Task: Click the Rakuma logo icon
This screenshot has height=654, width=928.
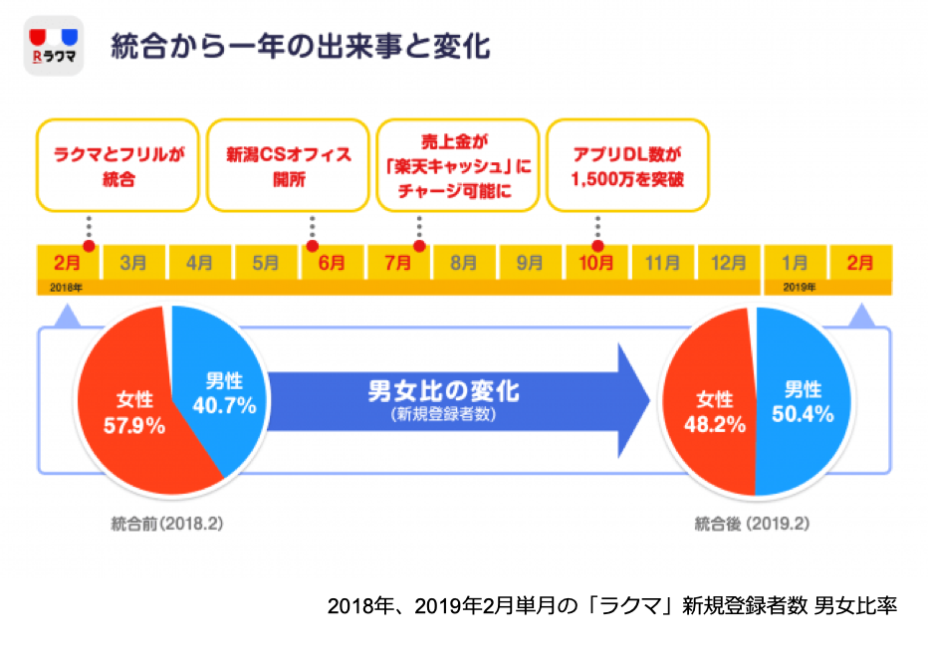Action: (53, 47)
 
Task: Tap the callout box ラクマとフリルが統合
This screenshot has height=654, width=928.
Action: (117, 165)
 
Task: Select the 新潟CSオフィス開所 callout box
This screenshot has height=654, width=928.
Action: (288, 165)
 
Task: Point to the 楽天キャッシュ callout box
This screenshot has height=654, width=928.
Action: (458, 165)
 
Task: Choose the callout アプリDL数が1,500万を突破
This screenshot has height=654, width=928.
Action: (628, 165)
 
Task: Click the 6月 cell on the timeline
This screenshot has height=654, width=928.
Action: (332, 264)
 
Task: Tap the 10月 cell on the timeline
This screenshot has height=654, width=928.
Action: (595, 264)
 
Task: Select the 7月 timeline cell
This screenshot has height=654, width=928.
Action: (397, 264)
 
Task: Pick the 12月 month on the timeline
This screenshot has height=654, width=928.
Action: (728, 264)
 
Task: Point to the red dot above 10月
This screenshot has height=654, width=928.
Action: (597, 246)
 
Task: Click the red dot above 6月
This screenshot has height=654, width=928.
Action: (313, 246)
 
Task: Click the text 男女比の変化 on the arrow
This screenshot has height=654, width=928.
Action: (443, 390)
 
